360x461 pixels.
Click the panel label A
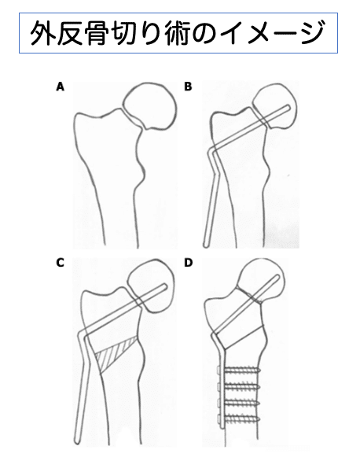click(60, 87)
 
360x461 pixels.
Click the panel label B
click(188, 87)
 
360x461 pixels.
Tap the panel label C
click(60, 263)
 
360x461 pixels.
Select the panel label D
click(188, 263)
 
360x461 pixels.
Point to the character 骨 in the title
click(94, 32)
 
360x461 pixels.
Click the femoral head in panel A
click(150, 106)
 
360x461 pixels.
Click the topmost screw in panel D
click(238, 370)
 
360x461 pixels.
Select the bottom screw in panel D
click(238, 418)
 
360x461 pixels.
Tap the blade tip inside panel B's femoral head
click(288, 108)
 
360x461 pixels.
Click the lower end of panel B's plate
click(206, 244)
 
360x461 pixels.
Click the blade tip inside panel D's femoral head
click(277, 277)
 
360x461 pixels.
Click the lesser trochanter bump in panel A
click(141, 172)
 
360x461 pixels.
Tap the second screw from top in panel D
click(238, 385)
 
